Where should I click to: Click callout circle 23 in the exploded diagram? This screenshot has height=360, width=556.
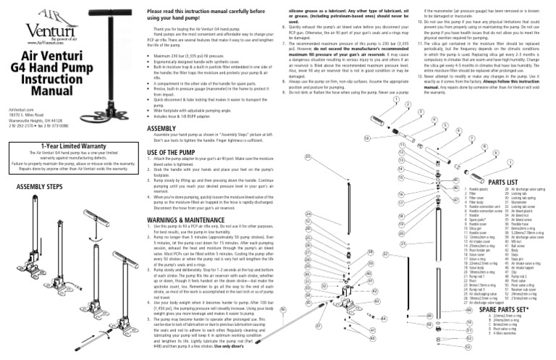(308, 156)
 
